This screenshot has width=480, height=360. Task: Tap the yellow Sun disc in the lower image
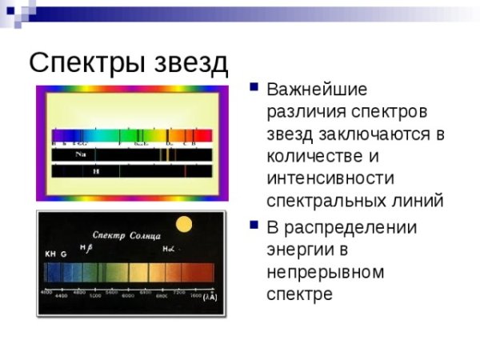coord(185,226)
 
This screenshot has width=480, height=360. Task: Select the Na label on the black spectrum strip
coord(82,154)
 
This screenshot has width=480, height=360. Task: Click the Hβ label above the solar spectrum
coord(86,248)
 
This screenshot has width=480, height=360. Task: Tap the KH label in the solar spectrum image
coord(50,254)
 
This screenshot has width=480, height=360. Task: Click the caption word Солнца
coord(146,236)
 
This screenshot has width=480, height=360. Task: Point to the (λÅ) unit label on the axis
coord(210,297)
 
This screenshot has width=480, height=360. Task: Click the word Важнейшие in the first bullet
coord(317,87)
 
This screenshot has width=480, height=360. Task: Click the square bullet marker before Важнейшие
coord(254,86)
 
